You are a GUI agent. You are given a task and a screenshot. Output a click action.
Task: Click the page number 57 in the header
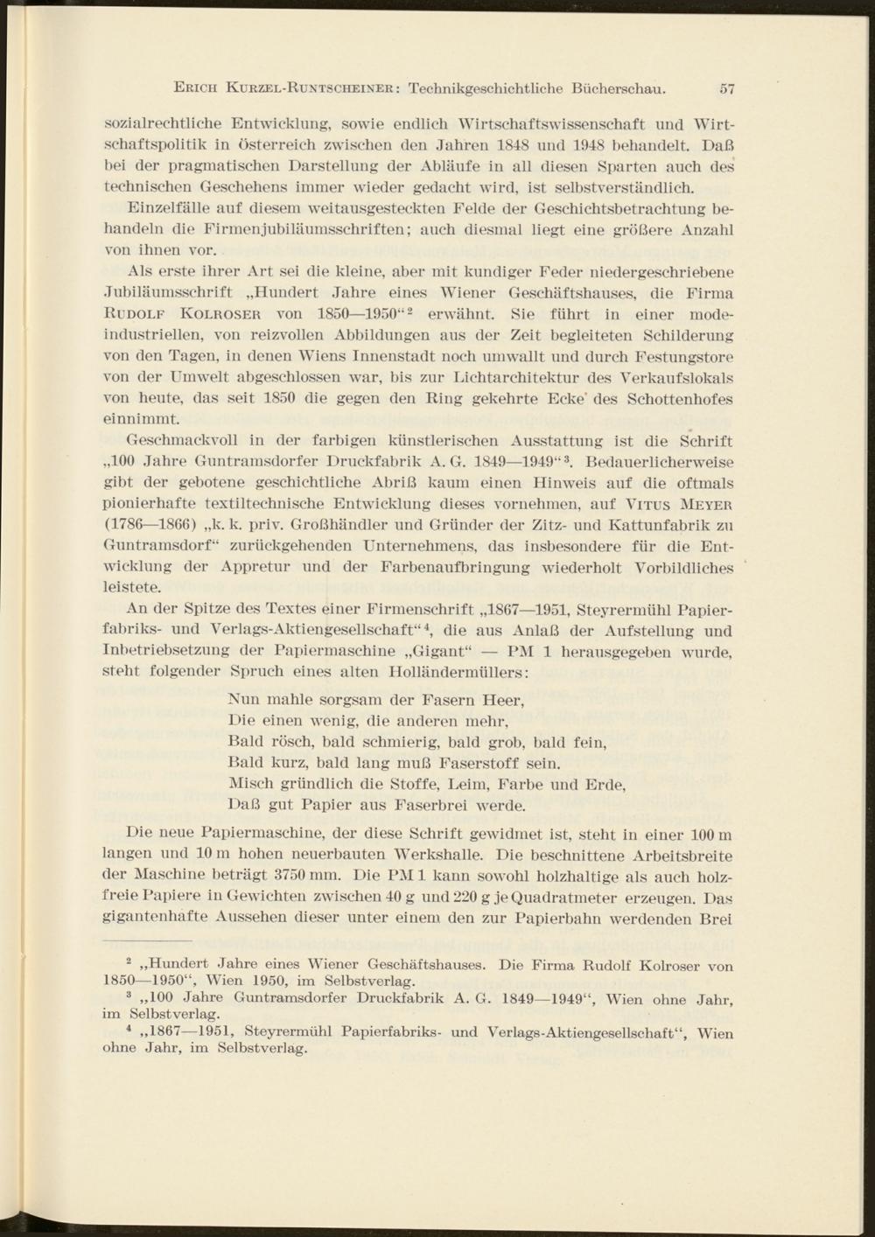point(725,88)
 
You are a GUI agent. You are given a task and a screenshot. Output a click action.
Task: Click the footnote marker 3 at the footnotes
point(129,995)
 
